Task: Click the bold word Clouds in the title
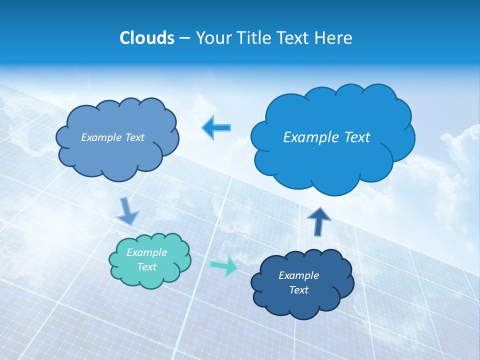[x=146, y=38]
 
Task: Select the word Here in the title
[x=334, y=38]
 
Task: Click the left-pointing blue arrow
[x=216, y=127]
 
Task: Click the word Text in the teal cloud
[x=146, y=267]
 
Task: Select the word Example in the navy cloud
[x=298, y=275]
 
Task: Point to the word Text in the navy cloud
[x=298, y=290]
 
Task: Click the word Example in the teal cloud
[x=146, y=252]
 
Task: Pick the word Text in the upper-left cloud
[x=134, y=137]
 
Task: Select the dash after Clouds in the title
[x=184, y=38]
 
